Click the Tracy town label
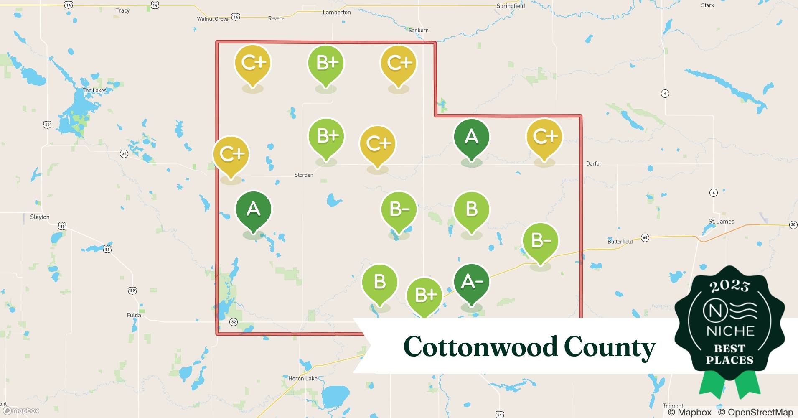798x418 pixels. [122, 10]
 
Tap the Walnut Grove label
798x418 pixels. [213, 19]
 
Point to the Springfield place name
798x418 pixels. [511, 6]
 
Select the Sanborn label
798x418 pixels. [418, 30]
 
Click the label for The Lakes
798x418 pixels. [94, 90]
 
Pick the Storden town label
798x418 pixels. [304, 175]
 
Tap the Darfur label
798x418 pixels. [594, 163]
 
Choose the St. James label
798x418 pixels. [721, 221]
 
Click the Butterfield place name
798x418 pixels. [620, 241]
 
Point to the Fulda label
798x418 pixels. [134, 315]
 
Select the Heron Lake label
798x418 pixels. [303, 378]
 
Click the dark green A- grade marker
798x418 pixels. [472, 283]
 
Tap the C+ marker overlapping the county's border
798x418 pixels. [231, 155]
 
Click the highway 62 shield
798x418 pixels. [234, 322]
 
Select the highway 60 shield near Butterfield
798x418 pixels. [645, 238]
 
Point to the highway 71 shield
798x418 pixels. [500, 415]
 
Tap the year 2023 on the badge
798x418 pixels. [729, 286]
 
